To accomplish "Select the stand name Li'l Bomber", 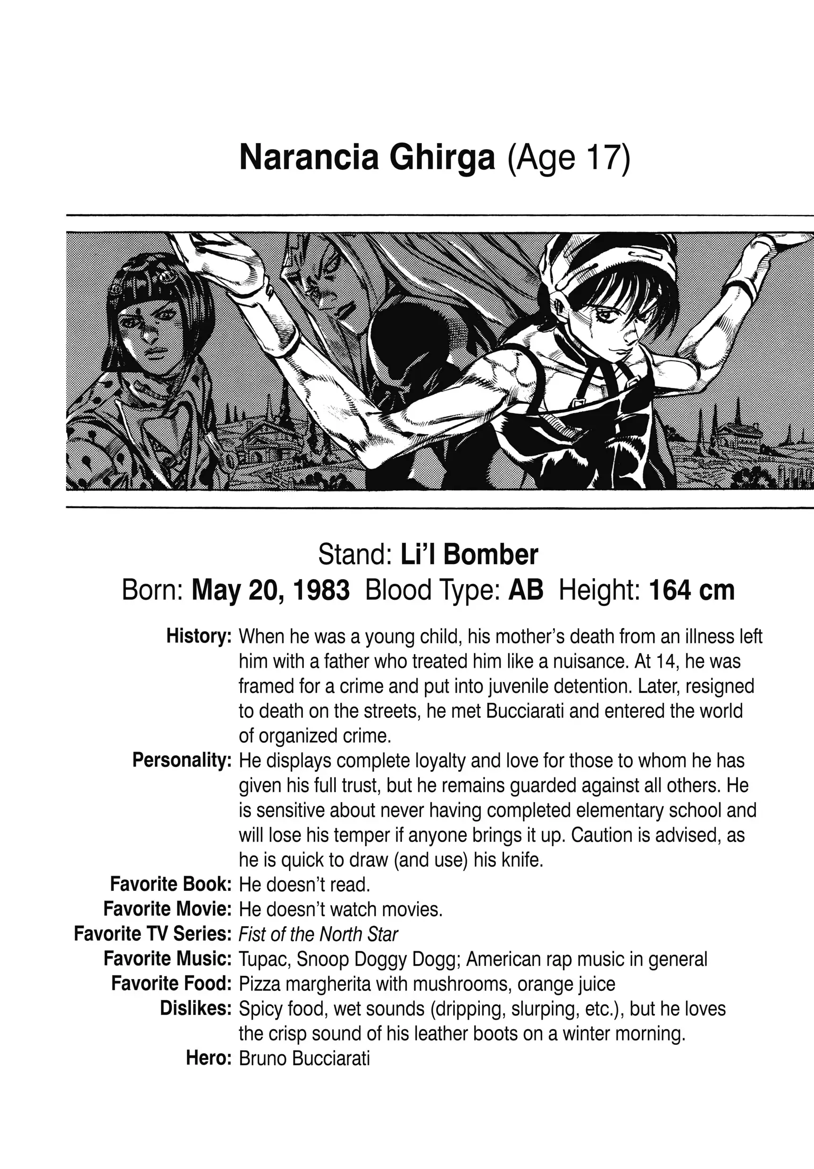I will [x=469, y=555].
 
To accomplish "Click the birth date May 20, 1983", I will [x=271, y=590].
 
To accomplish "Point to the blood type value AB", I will [x=526, y=590].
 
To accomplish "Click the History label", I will [x=199, y=636].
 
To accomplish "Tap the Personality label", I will [x=182, y=760].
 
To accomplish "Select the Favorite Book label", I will [x=171, y=884].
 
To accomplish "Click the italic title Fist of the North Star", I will [x=319, y=934].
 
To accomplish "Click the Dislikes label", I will [x=196, y=1008].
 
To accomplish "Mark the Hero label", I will [x=209, y=1058].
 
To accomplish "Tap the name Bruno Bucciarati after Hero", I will [x=304, y=1058].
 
